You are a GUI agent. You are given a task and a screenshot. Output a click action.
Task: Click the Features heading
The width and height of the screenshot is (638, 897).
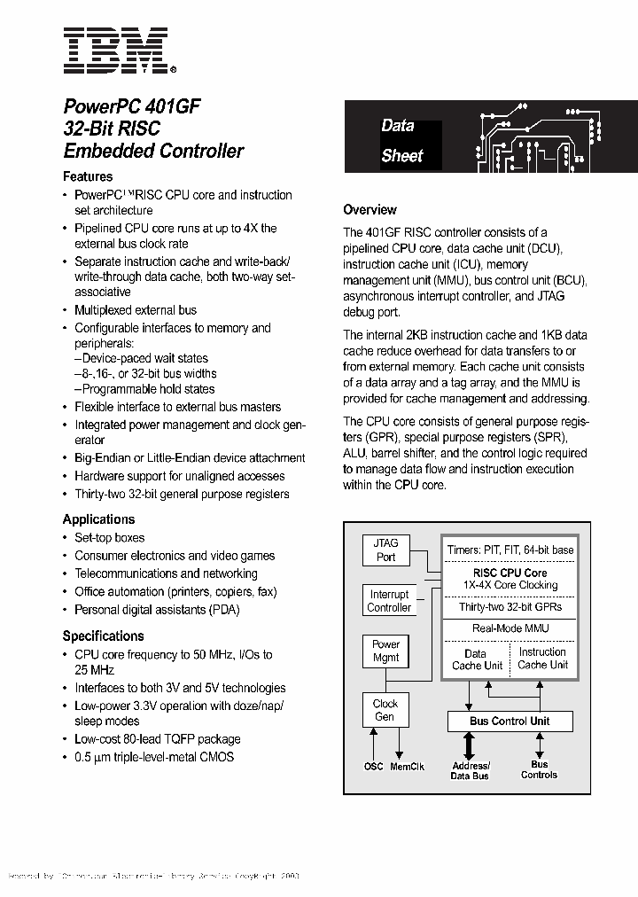88,176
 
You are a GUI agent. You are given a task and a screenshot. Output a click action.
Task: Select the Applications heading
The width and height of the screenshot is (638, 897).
98,519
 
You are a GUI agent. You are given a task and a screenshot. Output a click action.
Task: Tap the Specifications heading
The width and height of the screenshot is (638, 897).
103,636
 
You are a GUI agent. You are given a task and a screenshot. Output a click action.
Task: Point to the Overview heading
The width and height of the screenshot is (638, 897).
370,210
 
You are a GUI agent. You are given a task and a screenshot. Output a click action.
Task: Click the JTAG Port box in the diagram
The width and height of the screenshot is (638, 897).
386,550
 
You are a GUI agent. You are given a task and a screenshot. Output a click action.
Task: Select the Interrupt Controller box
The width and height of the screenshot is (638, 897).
389,601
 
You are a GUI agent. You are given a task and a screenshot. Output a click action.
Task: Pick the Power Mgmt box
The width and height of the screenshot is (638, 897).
385,651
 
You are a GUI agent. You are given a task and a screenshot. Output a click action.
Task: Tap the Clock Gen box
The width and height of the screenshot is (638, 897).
385,710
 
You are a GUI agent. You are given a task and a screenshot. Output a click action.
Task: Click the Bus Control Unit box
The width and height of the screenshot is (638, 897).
510,721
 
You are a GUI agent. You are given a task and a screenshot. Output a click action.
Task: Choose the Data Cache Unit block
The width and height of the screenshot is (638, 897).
477,659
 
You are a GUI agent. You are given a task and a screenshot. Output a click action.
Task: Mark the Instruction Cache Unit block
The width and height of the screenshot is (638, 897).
542,659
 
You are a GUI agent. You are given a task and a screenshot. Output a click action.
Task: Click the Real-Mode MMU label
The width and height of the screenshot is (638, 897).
510,628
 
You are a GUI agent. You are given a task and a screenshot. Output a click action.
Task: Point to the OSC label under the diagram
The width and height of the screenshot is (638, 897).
374,767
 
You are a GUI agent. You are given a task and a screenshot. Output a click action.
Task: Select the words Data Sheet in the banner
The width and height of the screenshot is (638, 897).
401,141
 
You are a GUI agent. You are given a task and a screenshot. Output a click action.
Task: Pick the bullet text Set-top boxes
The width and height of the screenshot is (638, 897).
109,538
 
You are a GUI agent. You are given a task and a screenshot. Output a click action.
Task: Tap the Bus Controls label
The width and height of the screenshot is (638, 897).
539,769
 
